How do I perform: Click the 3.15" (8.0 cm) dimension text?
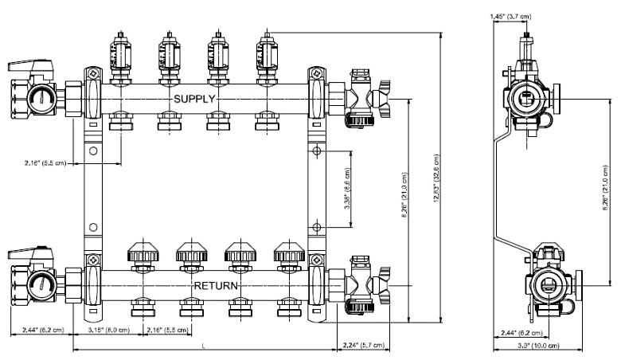(x=110, y=329)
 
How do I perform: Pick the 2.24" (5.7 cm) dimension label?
(x=363, y=345)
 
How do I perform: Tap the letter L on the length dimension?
(x=205, y=346)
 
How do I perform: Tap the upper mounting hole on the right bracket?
(x=316, y=151)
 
